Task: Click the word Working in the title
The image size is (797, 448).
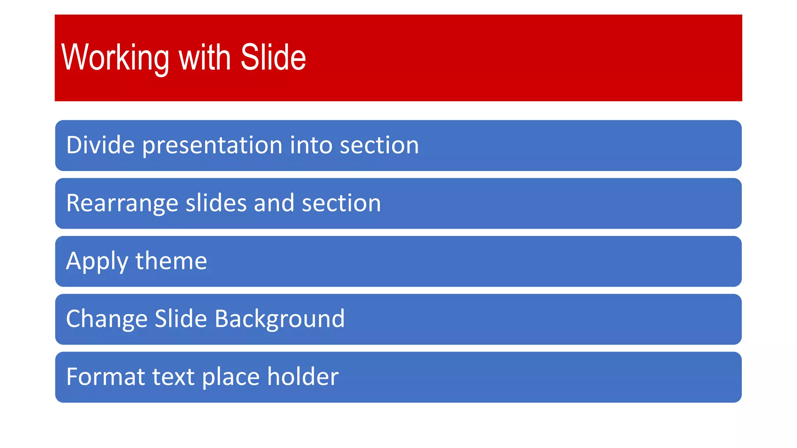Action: click(x=115, y=58)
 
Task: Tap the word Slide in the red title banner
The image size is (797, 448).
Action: click(x=273, y=58)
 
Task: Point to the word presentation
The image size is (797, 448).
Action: click(x=212, y=145)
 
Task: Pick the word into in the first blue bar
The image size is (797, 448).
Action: click(x=311, y=145)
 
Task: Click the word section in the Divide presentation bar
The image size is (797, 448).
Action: click(x=379, y=145)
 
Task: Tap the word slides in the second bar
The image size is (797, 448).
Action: click(x=216, y=203)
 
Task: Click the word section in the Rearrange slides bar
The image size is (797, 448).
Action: click(x=341, y=203)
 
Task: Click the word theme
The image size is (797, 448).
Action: click(x=171, y=261)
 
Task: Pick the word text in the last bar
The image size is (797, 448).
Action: click(x=173, y=377)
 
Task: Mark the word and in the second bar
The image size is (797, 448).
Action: click(x=274, y=203)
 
